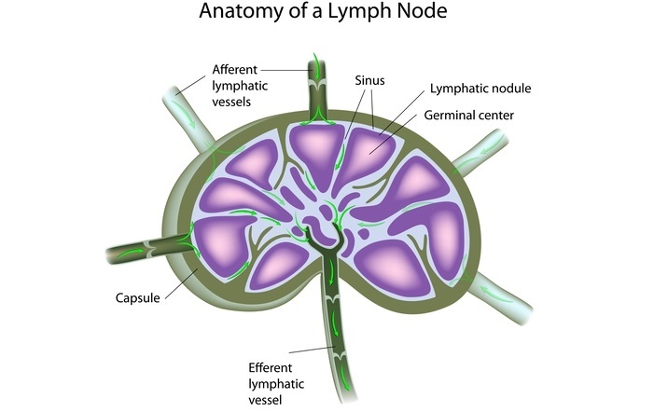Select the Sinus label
click(x=369, y=82)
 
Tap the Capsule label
click(x=138, y=298)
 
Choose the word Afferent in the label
click(x=235, y=70)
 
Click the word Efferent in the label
click(x=270, y=367)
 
